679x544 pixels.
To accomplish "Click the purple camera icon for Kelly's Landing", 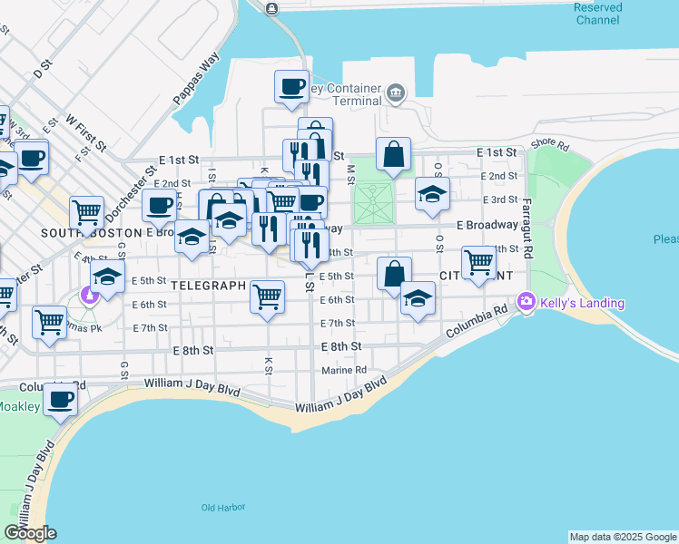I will pyautogui.click(x=526, y=301).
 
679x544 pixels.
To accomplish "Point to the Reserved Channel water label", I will pyautogui.click(x=598, y=14).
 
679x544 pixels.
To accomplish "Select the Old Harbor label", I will pyautogui.click(x=221, y=508).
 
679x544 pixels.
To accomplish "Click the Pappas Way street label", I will pyautogui.click(x=198, y=80).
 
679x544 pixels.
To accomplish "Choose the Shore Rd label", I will pyautogui.click(x=550, y=144).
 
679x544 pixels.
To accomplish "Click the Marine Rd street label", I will pyautogui.click(x=344, y=370).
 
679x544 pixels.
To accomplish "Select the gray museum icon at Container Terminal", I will pyautogui.click(x=395, y=92).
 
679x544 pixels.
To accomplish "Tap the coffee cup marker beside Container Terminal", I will pyautogui.click(x=292, y=87).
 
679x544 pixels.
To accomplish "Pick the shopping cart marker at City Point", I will pyautogui.click(x=478, y=262).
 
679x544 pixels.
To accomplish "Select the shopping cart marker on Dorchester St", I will pyautogui.click(x=87, y=213).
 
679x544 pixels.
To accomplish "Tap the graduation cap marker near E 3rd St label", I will pyautogui.click(x=432, y=192).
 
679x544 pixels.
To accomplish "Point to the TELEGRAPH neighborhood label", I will pyautogui.click(x=208, y=285).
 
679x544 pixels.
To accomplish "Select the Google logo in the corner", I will pyautogui.click(x=30, y=533).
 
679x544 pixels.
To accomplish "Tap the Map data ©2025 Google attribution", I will pyautogui.click(x=623, y=537).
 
